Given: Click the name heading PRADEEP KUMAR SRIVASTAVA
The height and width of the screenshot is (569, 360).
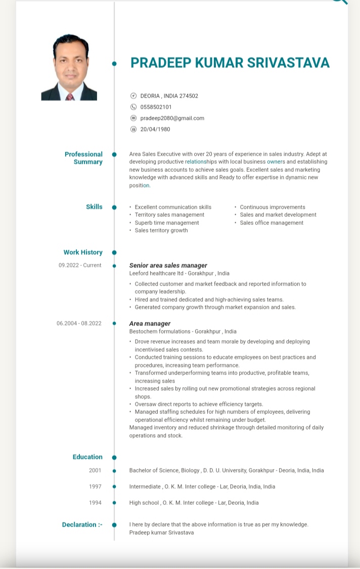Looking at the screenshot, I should click(230, 63).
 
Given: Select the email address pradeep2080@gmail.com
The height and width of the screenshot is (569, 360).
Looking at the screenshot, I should click(172, 118).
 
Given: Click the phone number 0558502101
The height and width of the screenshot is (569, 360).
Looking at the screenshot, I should click(156, 107).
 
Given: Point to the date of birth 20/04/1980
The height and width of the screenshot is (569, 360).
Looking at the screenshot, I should click(155, 129).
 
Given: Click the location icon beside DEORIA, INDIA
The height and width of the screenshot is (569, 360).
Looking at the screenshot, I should click(133, 96).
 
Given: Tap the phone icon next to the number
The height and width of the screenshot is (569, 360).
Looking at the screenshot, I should click(133, 107).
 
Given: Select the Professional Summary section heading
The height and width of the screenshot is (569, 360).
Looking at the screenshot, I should click(84, 158).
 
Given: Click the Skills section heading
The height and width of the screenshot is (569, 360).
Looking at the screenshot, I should click(94, 207).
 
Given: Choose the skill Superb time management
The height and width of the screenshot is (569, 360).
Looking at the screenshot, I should click(167, 223).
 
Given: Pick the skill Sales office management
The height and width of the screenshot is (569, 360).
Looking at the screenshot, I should click(272, 223).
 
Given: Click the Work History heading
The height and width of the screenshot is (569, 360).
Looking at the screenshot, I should click(83, 252).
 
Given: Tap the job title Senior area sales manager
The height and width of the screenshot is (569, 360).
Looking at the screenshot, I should click(168, 265).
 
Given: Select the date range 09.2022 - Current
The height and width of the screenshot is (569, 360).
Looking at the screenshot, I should click(80, 265).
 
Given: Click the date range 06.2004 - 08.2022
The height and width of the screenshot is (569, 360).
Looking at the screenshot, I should click(79, 323).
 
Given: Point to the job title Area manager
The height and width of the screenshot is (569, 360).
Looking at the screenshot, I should click(150, 323).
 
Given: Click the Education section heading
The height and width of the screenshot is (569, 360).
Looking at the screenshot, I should click(87, 457).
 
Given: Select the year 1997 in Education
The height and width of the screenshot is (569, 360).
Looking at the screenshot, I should click(95, 487).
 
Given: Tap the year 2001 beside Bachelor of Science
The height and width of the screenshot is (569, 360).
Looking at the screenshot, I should click(95, 470).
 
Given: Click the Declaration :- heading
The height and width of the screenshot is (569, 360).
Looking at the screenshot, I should click(82, 525).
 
